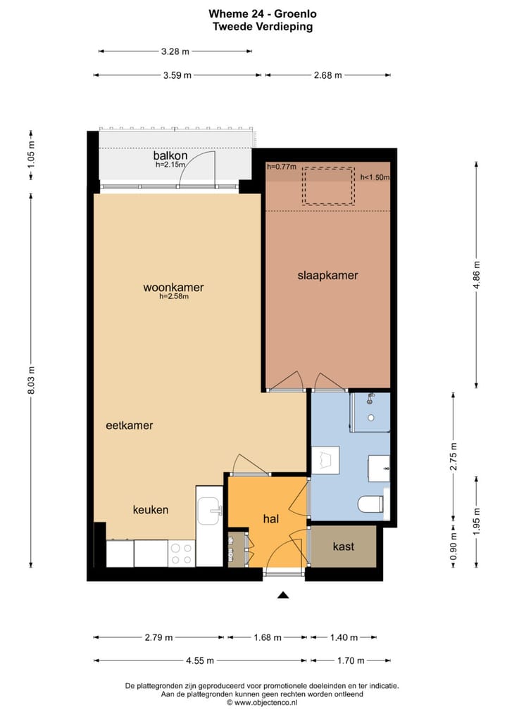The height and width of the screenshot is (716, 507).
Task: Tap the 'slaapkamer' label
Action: pos(327,276)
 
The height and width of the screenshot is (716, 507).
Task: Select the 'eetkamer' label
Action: pos(130,426)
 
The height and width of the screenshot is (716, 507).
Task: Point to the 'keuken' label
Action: pos(151,510)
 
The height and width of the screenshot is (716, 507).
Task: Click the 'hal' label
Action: pos(272,518)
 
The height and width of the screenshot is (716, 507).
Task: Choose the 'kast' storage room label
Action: pos(343,546)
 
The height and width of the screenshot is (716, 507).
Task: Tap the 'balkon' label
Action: pos(170,155)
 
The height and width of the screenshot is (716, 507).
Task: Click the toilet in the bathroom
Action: pos(370,504)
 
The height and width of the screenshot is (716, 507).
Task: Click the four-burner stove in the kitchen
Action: pos(182,553)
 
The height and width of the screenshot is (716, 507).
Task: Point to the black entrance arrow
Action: pos(283,595)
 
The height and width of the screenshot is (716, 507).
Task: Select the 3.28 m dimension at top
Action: pos(175,51)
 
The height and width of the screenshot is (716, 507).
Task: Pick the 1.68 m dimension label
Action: pos(267,638)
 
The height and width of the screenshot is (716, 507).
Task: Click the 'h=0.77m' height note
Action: pos(282,167)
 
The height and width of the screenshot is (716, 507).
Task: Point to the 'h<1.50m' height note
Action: pos(375,178)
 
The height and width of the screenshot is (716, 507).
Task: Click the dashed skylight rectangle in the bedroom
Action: pos(327,186)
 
